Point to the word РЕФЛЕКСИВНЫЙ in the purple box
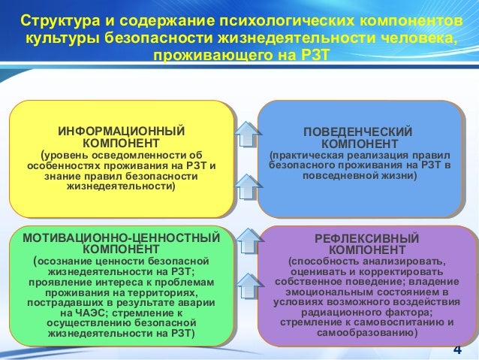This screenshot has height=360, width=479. click(x=359, y=237)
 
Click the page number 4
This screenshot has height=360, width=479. click(x=457, y=351)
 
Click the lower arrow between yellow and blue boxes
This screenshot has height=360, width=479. click(x=246, y=183)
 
